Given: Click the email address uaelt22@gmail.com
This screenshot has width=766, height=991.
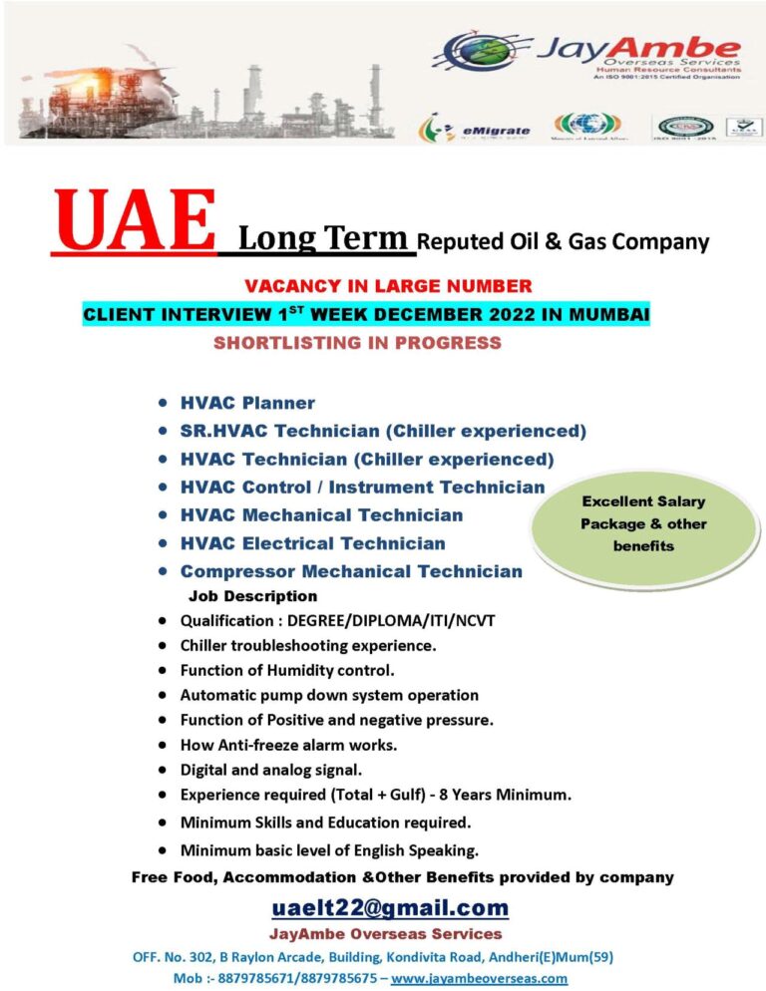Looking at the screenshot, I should (x=390, y=907).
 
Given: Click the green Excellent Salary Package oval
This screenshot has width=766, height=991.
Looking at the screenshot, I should (x=644, y=523).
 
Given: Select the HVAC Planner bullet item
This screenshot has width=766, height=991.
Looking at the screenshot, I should (x=247, y=404).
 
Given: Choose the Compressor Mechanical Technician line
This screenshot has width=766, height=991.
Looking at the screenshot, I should (x=351, y=571).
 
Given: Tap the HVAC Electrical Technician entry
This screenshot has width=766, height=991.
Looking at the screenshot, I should (x=312, y=543).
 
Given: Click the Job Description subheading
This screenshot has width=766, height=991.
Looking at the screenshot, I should (x=253, y=596).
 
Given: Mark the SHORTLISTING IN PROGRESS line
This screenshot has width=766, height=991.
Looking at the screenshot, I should (x=357, y=344).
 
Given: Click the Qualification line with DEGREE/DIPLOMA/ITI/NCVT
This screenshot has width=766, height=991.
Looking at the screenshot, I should (x=337, y=620).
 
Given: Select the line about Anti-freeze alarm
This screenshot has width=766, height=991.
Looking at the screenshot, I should (x=289, y=744).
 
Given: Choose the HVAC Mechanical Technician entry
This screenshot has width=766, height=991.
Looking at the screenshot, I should (x=321, y=515).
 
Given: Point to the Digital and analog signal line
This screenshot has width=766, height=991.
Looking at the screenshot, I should (x=270, y=770).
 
